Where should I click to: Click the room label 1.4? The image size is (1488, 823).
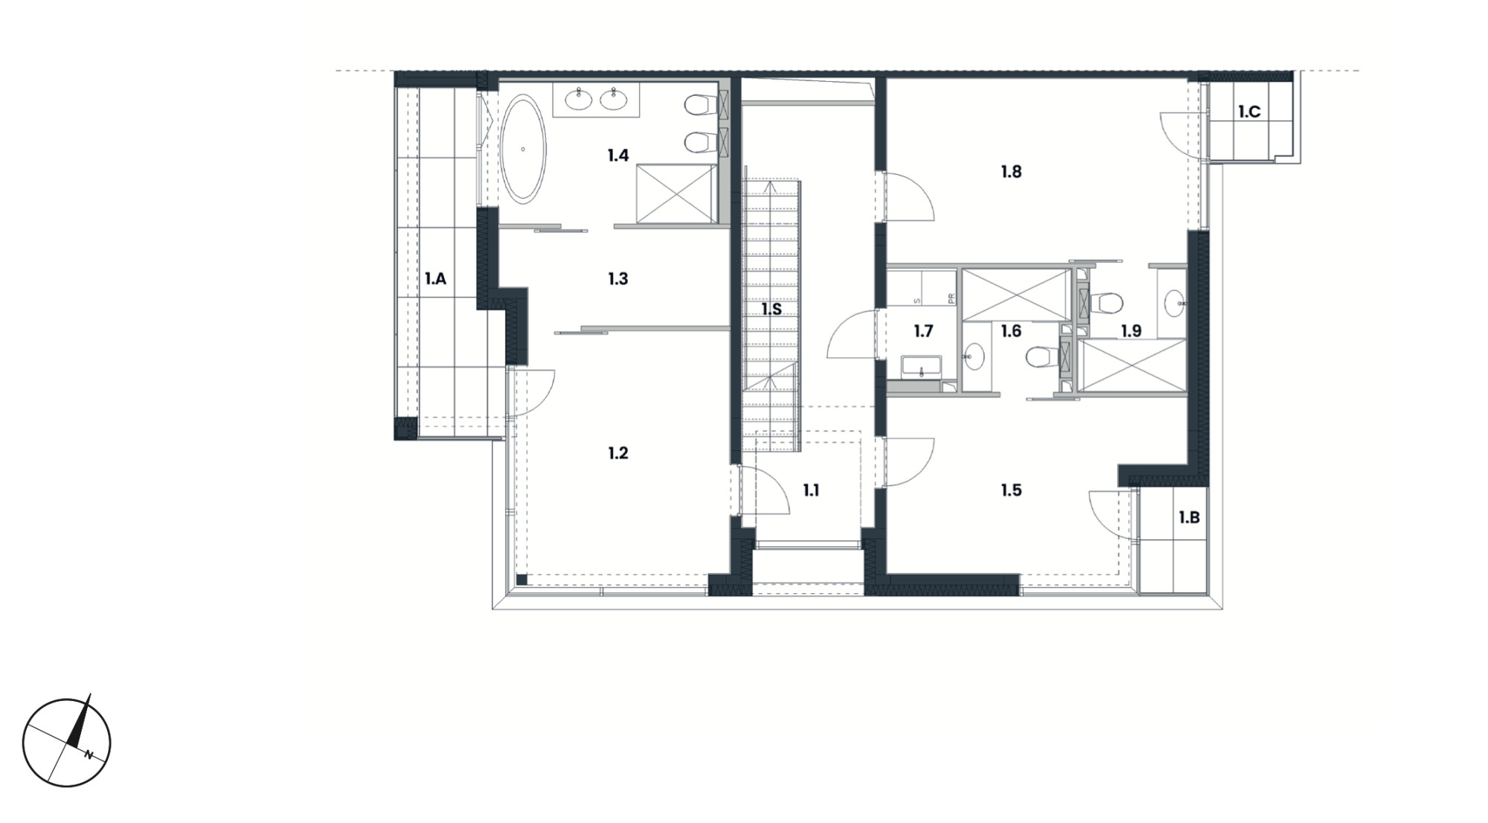(x=618, y=156)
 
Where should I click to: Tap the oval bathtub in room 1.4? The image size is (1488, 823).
(x=523, y=149)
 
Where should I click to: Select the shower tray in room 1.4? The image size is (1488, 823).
(x=676, y=193)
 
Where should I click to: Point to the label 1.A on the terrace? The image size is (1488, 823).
(x=435, y=279)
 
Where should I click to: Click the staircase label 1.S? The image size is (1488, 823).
(x=772, y=309)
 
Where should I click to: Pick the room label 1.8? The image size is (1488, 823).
(x=1011, y=172)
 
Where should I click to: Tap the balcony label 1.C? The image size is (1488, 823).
(x=1249, y=112)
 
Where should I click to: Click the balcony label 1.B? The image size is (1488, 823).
(x=1189, y=517)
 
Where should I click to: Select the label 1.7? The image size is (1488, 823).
(x=923, y=331)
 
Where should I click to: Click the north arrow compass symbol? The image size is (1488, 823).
(x=67, y=742)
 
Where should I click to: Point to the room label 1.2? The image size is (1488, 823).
(x=618, y=453)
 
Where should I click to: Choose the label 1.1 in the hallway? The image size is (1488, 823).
(x=811, y=490)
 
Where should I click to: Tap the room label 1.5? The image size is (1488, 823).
(x=1011, y=490)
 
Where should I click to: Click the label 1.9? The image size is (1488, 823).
(x=1131, y=331)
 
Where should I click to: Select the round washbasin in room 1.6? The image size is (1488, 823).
(x=974, y=357)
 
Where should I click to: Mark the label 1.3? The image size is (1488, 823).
(x=618, y=279)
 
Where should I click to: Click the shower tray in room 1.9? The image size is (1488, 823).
(x=1132, y=365)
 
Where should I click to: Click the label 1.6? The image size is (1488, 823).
(x=1011, y=331)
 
